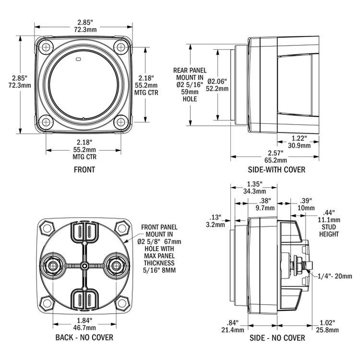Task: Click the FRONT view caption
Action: (x=84, y=170)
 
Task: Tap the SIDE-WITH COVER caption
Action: (x=277, y=170)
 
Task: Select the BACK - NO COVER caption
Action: (x=84, y=337)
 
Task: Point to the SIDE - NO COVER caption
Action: (x=276, y=337)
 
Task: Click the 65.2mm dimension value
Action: (x=275, y=159)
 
